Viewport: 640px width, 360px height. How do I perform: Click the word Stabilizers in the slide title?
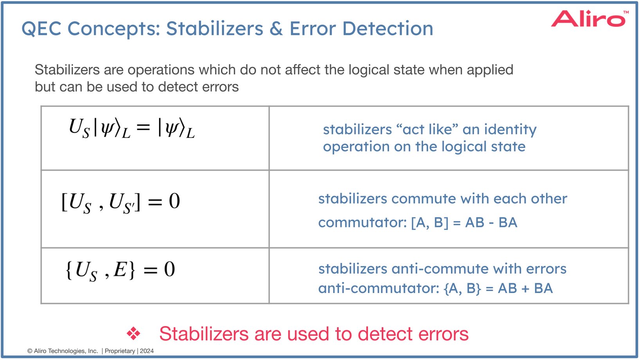(215, 29)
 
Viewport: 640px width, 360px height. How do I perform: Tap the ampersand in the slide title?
(276, 29)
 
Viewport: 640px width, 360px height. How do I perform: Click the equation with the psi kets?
(132, 128)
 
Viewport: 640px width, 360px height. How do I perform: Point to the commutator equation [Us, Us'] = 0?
(121, 202)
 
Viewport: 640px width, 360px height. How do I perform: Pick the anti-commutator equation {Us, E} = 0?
(120, 270)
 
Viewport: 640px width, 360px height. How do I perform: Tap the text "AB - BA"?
(491, 223)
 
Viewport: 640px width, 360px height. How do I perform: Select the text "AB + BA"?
(525, 289)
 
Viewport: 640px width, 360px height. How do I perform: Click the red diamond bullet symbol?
(133, 334)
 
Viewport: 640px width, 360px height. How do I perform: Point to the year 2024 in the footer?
(147, 351)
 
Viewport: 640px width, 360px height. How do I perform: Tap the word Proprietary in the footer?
(120, 351)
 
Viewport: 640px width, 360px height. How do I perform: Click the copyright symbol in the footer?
(30, 351)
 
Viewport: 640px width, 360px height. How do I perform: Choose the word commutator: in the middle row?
(362, 223)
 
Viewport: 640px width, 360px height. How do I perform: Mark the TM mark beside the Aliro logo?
(626, 12)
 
